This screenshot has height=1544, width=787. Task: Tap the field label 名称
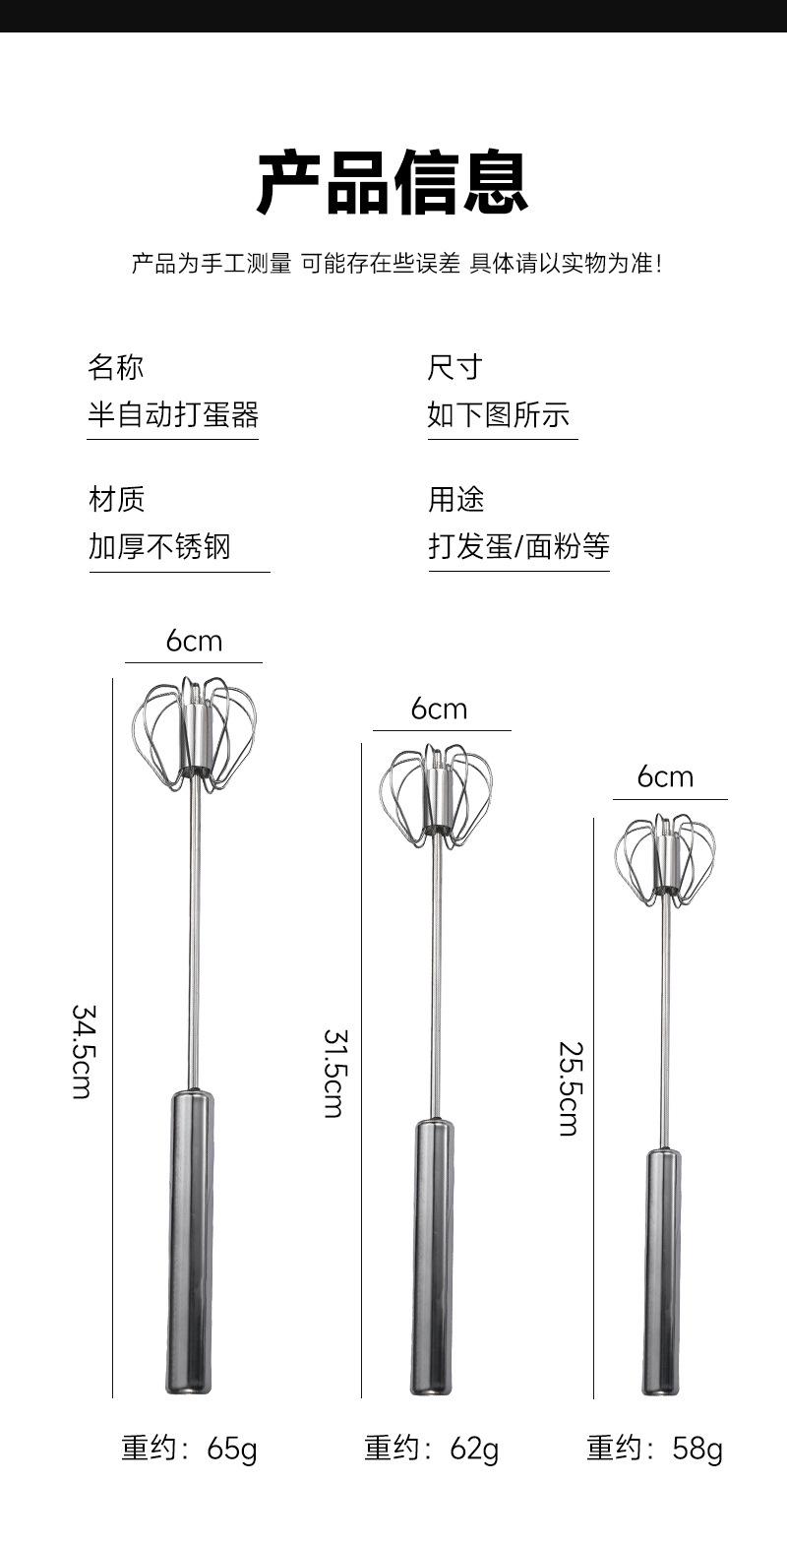click(x=116, y=367)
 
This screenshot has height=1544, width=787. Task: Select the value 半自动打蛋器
click(x=173, y=414)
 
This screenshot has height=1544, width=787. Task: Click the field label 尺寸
click(x=454, y=367)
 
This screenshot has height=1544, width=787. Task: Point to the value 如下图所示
click(x=499, y=414)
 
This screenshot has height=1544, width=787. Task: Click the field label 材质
click(x=116, y=499)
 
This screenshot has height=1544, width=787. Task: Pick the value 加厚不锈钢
click(x=159, y=546)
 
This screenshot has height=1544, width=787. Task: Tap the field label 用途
click(x=455, y=499)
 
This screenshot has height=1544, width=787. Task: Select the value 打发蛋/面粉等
click(x=518, y=546)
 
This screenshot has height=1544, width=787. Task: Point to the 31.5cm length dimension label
click(x=333, y=1073)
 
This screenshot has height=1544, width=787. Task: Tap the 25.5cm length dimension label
click(x=568, y=1088)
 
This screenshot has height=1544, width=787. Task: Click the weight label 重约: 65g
click(x=189, y=1449)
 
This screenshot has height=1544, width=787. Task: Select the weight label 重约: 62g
click(x=431, y=1449)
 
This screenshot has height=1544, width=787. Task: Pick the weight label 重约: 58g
click(x=654, y=1449)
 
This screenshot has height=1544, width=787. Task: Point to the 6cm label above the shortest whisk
click(x=665, y=776)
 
